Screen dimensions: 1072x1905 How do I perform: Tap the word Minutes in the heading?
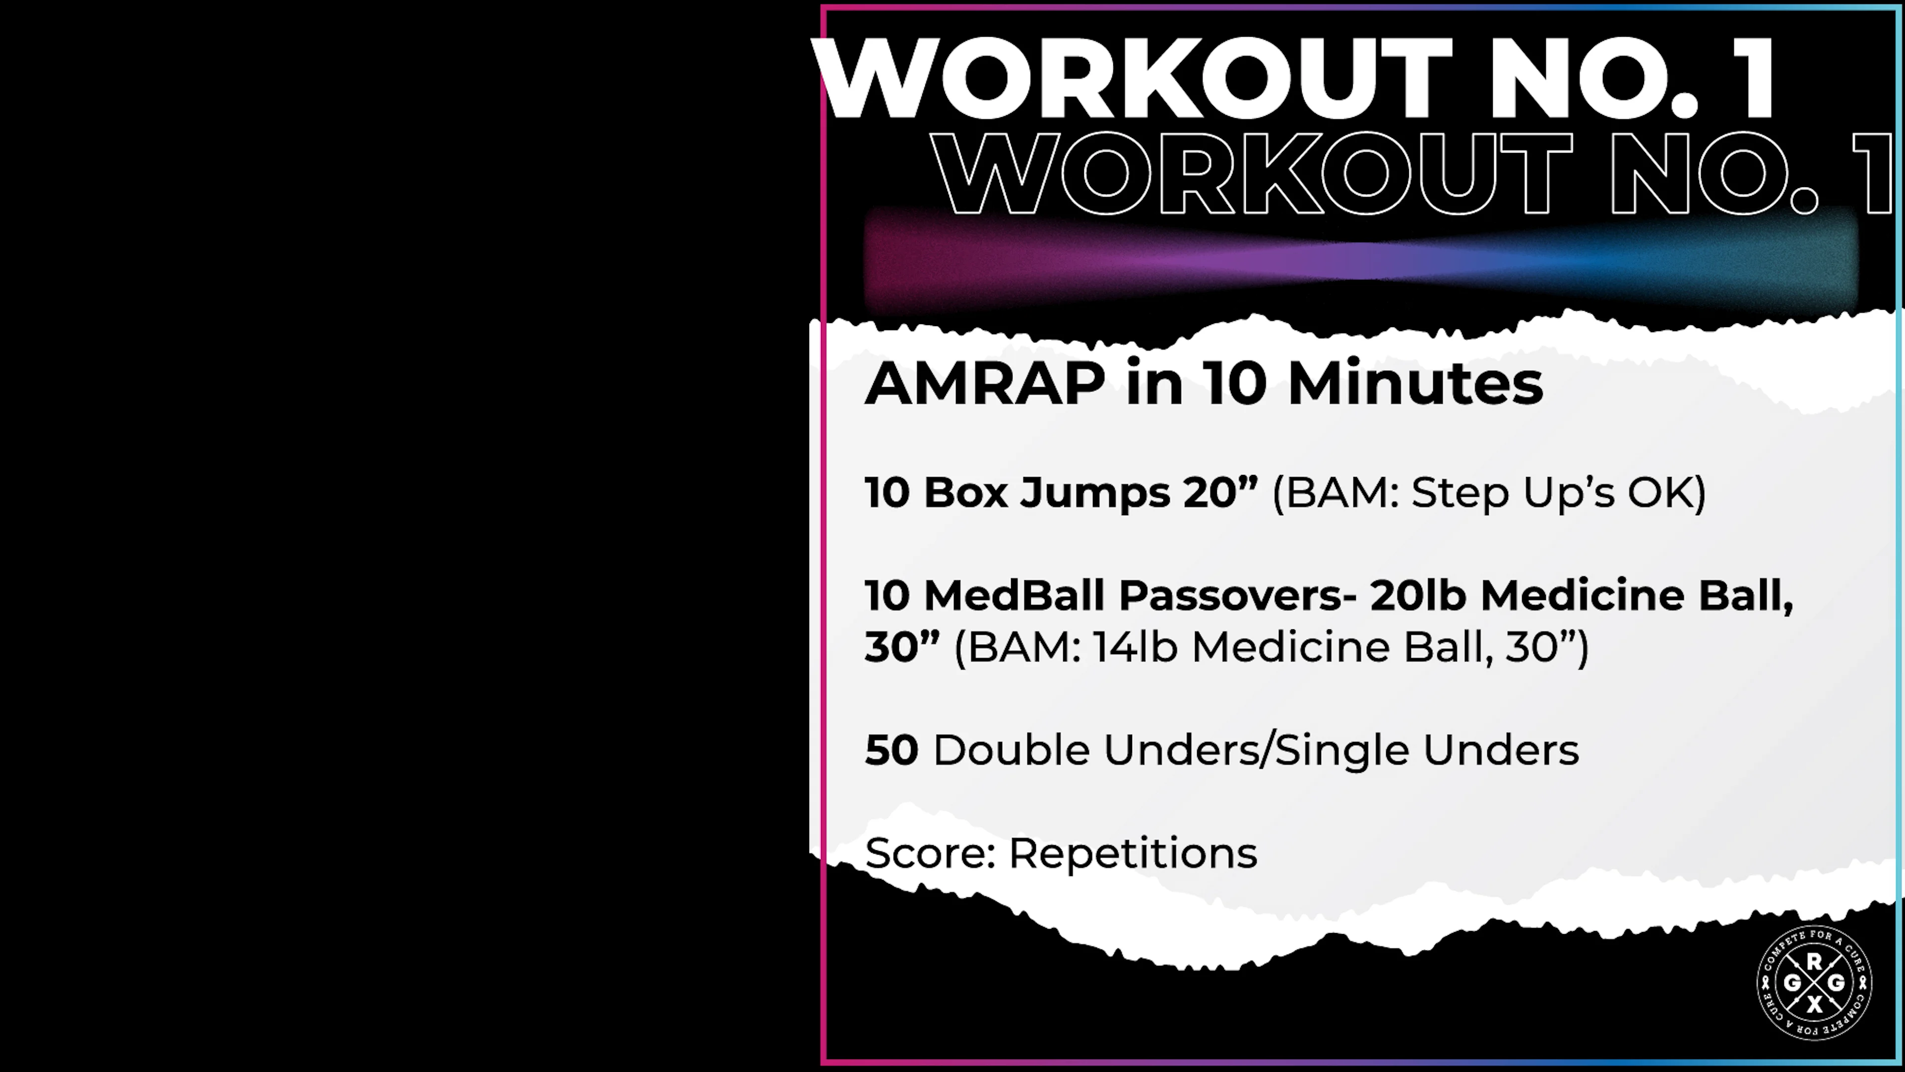(x=1415, y=384)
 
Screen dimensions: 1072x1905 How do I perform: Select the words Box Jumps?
(x=1046, y=493)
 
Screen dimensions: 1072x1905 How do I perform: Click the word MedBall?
(x=1014, y=596)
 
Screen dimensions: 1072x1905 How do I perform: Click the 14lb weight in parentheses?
(x=1135, y=647)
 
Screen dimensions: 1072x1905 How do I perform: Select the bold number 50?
(x=891, y=750)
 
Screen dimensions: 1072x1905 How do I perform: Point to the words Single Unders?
(x=1427, y=750)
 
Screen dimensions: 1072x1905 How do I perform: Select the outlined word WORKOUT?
(x=1250, y=175)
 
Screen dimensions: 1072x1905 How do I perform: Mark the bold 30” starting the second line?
(x=901, y=647)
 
